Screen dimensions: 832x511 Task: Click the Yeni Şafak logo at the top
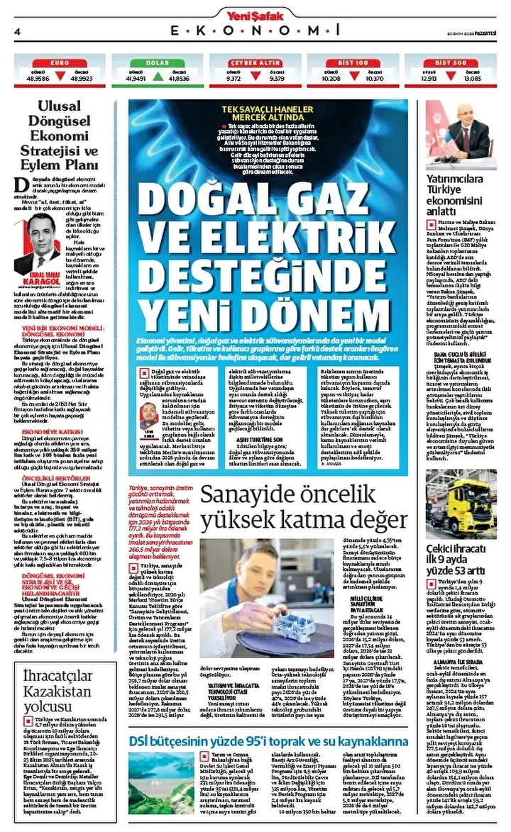pyautogui.click(x=255, y=12)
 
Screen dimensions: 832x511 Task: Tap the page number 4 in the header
pyautogui.click(x=16, y=31)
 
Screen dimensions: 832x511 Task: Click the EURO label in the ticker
pyautogui.click(x=60, y=63)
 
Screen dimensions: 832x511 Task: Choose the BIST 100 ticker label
pyautogui.click(x=352, y=63)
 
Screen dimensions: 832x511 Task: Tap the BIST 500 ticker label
pyautogui.click(x=451, y=63)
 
